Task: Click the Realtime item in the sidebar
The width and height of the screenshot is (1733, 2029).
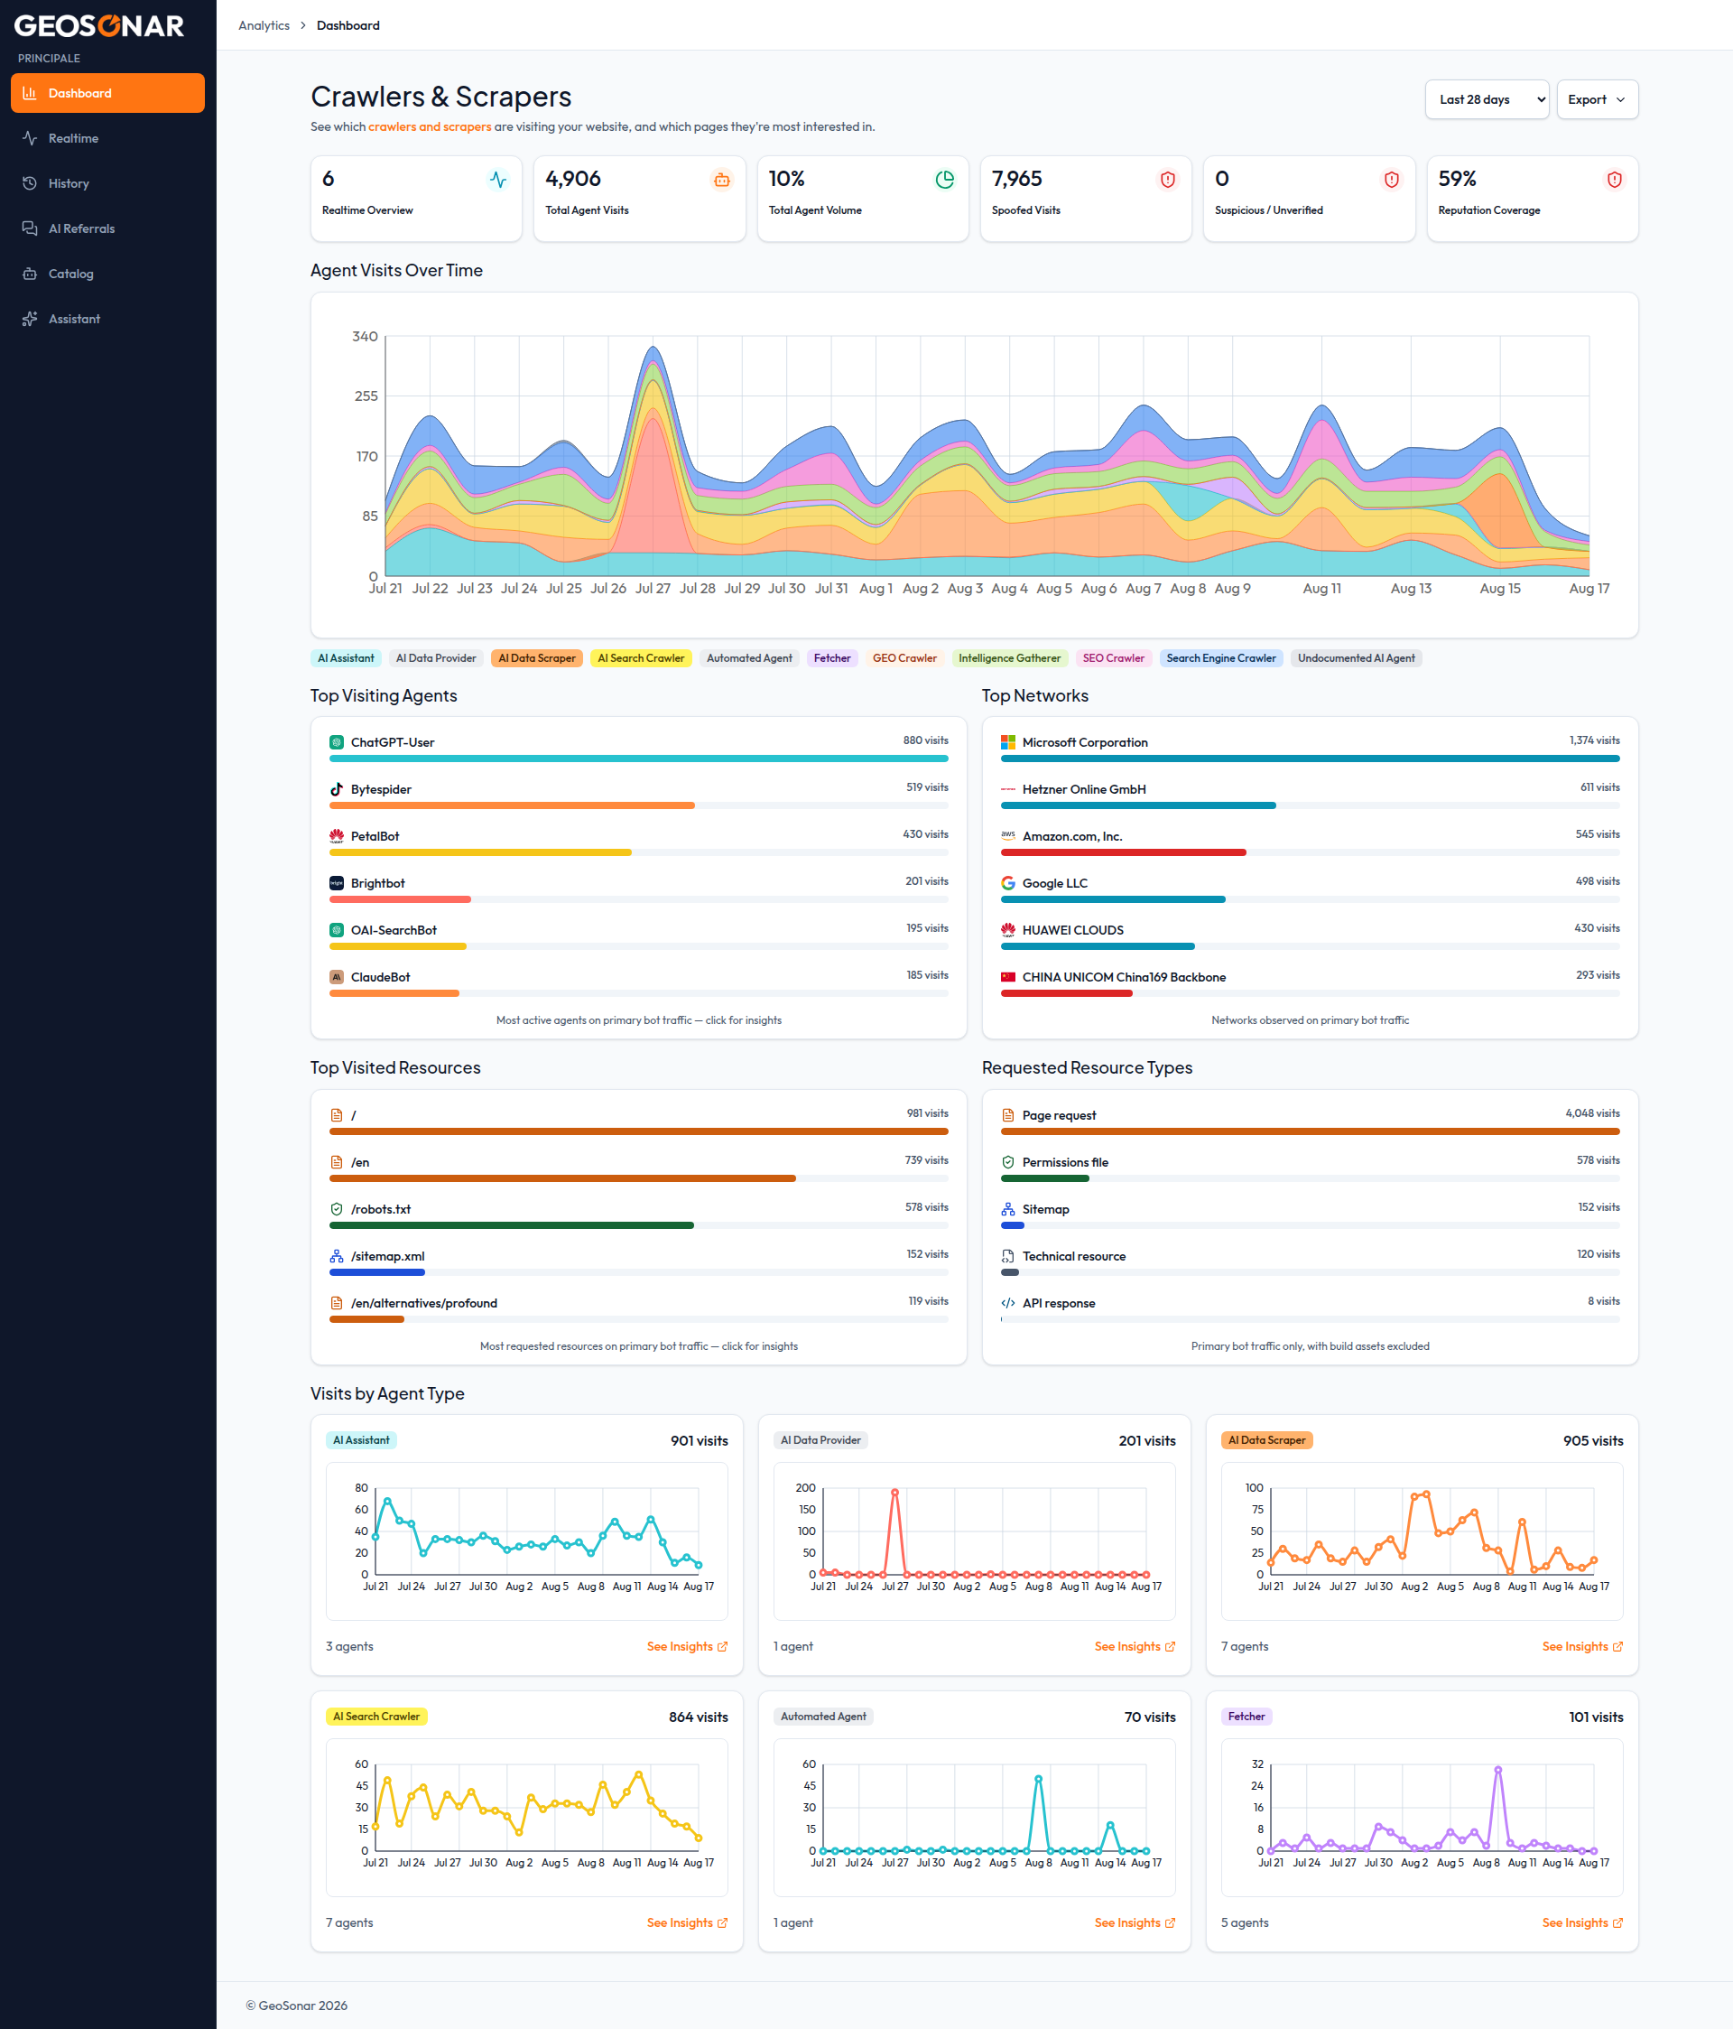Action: click(73, 138)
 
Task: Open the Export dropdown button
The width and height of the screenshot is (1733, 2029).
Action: click(1597, 100)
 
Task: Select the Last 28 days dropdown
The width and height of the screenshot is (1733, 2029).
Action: click(1487, 100)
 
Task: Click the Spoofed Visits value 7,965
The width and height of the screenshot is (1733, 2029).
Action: click(1016, 179)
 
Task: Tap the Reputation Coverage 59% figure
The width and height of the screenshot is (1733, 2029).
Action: click(1457, 179)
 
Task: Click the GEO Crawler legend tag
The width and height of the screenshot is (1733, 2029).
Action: click(904, 658)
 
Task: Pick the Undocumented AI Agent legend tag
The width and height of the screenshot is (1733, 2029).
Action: click(1356, 658)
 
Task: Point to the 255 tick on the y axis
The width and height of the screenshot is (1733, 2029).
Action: click(366, 396)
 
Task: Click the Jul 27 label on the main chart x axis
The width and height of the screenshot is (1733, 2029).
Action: click(652, 589)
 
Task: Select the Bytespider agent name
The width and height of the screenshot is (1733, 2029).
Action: click(381, 789)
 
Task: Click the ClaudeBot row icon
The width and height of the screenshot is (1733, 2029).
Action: click(337, 977)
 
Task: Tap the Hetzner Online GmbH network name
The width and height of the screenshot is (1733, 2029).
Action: click(1084, 789)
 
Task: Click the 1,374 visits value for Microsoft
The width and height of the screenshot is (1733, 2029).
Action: click(1594, 740)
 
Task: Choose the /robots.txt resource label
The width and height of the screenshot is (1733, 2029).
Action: click(381, 1209)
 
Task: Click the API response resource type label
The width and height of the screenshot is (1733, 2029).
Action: click(1059, 1303)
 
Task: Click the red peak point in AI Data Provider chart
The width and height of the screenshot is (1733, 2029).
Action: click(894, 1493)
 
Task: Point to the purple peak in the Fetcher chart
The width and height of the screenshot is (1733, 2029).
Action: click(1498, 1771)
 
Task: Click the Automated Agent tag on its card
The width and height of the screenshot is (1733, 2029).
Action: click(823, 1717)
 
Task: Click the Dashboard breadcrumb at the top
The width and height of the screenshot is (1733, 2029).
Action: click(348, 25)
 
